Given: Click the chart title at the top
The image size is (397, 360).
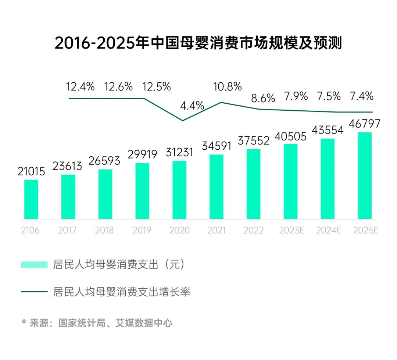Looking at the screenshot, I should [198, 43].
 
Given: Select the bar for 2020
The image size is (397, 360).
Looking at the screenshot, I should [179, 190].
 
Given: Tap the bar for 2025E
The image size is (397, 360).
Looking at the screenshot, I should [365, 175].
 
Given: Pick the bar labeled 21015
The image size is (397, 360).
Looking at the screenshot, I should [31, 199].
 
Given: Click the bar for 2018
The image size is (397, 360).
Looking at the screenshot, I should [105, 194].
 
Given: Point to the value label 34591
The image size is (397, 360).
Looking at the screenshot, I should [217, 146].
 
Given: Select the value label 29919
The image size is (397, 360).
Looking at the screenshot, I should [142, 154].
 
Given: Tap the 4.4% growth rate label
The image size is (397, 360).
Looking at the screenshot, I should [192, 106].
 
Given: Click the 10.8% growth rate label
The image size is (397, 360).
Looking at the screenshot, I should [228, 87].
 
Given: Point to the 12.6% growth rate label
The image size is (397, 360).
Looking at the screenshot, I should [118, 87].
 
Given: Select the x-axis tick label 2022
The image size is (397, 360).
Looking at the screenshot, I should [253, 231].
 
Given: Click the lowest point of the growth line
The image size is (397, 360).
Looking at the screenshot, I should [183, 121].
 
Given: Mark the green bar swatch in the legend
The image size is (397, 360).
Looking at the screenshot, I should [34, 264].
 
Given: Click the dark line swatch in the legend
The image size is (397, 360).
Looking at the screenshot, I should [34, 292].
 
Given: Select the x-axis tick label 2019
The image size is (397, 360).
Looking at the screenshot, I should [142, 231].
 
